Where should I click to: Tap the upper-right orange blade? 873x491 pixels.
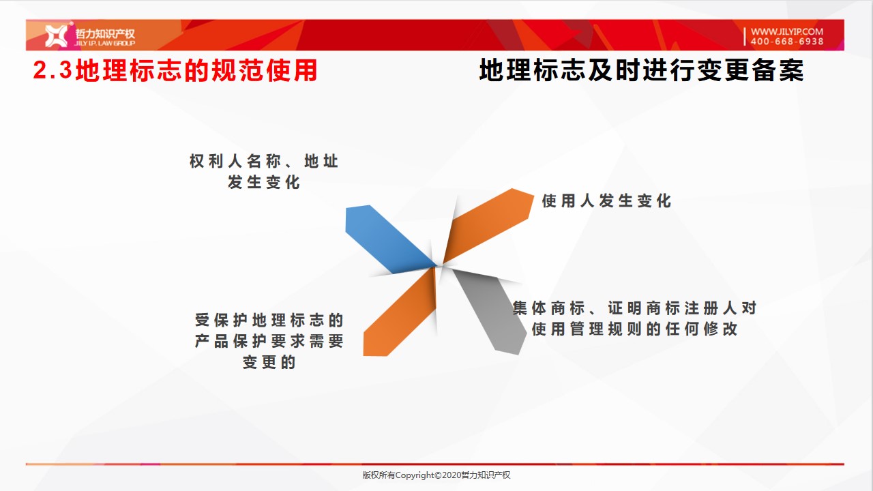pyautogui.click(x=489, y=225)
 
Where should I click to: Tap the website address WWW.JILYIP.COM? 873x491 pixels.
pyautogui.click(x=787, y=31)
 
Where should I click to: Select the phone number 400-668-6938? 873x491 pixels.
pyautogui.click(x=787, y=42)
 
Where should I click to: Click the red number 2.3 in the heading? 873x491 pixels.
pyautogui.click(x=53, y=70)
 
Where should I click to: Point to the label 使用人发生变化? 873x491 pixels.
pyautogui.click(x=606, y=201)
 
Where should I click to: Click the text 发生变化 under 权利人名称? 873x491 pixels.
pyautogui.click(x=264, y=182)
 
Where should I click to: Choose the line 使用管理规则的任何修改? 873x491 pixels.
pyautogui.click(x=634, y=329)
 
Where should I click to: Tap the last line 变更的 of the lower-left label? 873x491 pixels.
pyautogui.click(x=269, y=362)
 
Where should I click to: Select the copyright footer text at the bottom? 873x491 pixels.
pyautogui.click(x=436, y=475)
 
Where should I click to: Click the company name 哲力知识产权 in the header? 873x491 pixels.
pyautogui.click(x=105, y=33)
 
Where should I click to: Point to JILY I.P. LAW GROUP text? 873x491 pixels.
pyautogui.click(x=104, y=43)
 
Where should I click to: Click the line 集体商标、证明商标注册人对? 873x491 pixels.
pyautogui.click(x=634, y=308)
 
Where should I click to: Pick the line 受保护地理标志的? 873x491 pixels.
pyautogui.click(x=269, y=321)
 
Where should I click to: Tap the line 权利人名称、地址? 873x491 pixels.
pyautogui.click(x=264, y=162)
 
